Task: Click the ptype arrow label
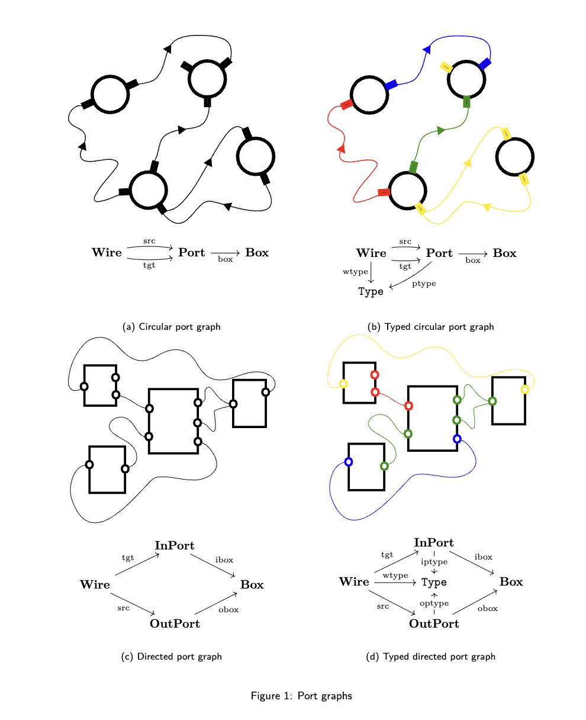(424, 284)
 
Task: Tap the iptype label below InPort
(434, 561)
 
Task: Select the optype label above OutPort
(434, 603)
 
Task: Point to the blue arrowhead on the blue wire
(427, 50)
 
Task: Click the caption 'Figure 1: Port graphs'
(301, 696)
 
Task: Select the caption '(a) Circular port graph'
(171, 327)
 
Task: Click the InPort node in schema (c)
(175, 545)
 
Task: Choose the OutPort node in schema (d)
(434, 623)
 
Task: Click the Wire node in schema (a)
(107, 253)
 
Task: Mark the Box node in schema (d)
(511, 582)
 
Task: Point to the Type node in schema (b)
(371, 291)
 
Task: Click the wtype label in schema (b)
(355, 272)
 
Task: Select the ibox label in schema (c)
(224, 560)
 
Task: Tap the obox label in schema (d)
(487, 608)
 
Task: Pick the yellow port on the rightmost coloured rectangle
(524, 389)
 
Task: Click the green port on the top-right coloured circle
(466, 102)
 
